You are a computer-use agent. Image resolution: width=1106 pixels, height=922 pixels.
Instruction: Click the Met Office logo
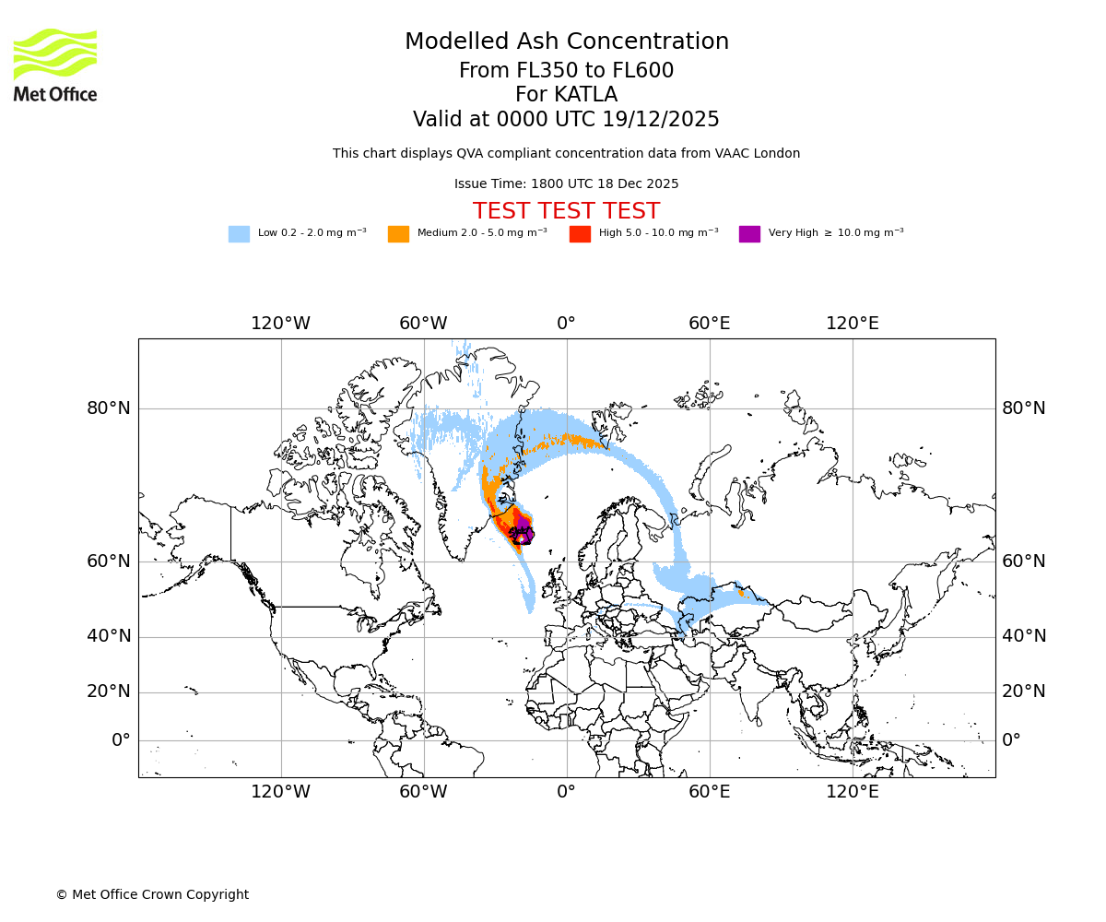point(55,65)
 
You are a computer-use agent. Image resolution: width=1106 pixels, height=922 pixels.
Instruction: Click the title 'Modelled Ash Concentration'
point(566,42)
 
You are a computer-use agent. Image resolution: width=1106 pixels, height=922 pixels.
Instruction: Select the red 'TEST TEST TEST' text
point(566,211)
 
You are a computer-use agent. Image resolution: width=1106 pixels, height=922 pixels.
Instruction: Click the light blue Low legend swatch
point(239,233)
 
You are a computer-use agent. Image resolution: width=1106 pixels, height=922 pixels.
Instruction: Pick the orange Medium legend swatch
point(398,233)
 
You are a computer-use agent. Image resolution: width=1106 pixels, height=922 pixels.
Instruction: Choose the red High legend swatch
point(580,233)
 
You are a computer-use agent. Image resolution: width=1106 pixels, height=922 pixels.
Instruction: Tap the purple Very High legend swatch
point(749,233)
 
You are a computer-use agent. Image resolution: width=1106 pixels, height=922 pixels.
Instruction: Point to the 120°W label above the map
point(280,324)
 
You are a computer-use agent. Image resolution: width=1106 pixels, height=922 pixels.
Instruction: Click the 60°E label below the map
point(709,791)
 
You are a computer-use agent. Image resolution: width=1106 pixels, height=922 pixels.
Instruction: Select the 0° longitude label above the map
point(566,324)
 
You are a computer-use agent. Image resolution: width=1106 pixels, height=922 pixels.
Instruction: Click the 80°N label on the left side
point(108,408)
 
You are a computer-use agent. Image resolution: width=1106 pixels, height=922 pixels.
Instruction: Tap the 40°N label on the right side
point(1024,636)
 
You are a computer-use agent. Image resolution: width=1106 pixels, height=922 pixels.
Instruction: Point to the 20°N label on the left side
point(108,691)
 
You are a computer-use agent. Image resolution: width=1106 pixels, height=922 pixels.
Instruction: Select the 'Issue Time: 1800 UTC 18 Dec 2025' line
point(566,184)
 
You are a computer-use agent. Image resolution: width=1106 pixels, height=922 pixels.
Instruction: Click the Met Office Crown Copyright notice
point(152,894)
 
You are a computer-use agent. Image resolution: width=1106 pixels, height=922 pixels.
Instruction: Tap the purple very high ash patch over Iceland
point(523,524)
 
